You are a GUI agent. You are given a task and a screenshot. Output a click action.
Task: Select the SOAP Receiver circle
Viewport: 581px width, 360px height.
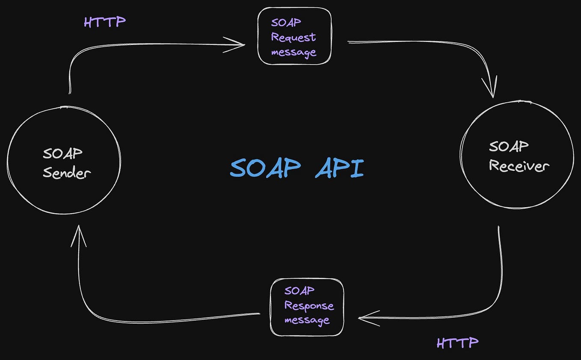point(516,156)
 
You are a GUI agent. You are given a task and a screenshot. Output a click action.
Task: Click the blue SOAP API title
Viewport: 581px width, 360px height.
point(296,169)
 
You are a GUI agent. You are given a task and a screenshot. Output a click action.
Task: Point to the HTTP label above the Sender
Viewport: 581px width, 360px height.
point(105,22)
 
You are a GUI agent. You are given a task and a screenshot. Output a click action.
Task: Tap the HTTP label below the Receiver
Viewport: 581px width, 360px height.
point(457,342)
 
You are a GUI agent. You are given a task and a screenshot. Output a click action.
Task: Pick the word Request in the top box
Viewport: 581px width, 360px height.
point(293,37)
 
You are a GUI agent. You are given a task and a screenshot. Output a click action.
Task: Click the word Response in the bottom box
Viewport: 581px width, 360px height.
point(309,306)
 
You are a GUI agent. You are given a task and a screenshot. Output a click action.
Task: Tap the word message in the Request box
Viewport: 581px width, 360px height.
point(293,52)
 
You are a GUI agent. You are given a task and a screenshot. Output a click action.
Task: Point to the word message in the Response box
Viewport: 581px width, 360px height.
point(307,320)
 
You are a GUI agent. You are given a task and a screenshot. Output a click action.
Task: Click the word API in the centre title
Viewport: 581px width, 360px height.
point(339,169)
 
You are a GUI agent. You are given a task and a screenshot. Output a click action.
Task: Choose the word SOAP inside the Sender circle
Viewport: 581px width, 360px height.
point(62,153)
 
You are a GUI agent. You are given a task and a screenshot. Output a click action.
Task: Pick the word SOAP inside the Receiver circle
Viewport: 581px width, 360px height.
point(509,146)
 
